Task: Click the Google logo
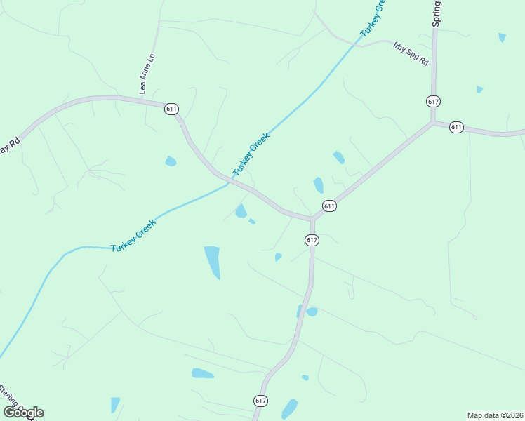coord(23,413)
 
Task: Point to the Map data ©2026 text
coord(496,415)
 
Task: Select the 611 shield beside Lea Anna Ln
coord(172,109)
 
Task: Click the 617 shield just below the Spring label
coord(433,102)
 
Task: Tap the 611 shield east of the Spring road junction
coord(457,127)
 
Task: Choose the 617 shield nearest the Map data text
coord(260,401)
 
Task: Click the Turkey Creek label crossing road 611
coord(251,155)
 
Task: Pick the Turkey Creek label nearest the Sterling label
coord(133,236)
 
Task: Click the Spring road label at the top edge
coord(437,13)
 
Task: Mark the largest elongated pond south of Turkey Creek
coord(212,262)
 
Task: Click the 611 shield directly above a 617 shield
coord(329,206)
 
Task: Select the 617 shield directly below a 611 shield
coord(312,240)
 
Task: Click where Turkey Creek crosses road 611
coord(228,183)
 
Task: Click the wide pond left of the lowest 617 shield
coord(202,373)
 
